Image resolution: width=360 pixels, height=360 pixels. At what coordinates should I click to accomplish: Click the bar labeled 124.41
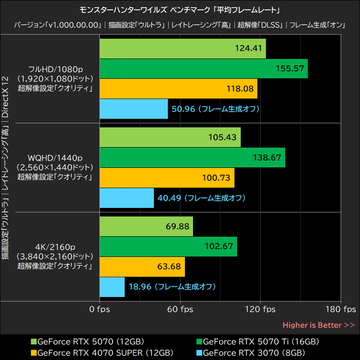[x=182, y=48]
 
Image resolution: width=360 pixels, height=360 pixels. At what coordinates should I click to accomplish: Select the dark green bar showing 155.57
[x=203, y=68]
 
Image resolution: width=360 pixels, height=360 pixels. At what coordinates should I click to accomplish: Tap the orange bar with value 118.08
[x=178, y=89]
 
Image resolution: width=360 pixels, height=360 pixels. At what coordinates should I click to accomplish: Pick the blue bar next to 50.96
[x=133, y=109]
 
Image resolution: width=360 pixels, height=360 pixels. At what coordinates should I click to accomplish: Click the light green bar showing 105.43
[x=170, y=137]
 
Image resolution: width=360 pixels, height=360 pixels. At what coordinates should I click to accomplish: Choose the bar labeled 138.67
[x=192, y=157]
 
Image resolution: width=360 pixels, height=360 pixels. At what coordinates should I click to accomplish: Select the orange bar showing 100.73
[x=166, y=178]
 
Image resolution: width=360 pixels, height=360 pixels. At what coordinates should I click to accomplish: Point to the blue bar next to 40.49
[x=126, y=198]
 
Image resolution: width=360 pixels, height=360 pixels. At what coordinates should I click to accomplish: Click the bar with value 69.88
[x=146, y=226]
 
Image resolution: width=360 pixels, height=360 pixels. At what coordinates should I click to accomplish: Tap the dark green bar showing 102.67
[x=168, y=247]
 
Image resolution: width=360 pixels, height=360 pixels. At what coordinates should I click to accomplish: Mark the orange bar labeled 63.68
[x=142, y=267]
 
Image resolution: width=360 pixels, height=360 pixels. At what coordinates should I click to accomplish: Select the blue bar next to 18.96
[x=112, y=287]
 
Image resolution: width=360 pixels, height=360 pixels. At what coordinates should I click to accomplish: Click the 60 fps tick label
[x=180, y=310]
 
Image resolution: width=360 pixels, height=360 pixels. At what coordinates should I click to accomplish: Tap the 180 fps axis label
[x=341, y=310]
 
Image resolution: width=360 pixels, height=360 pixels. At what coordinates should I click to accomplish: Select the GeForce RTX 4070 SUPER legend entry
[x=101, y=352]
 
